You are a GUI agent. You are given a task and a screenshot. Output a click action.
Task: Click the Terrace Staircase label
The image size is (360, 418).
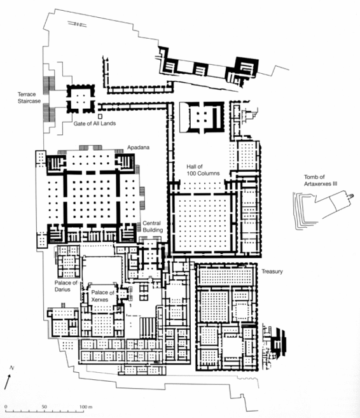[x=29, y=97]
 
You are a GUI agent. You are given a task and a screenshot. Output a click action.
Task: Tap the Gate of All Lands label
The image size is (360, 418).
[x=95, y=123]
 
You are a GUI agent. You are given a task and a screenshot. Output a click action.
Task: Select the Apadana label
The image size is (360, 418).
[x=138, y=148]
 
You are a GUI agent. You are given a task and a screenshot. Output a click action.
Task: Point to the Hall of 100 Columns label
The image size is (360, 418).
[x=203, y=170]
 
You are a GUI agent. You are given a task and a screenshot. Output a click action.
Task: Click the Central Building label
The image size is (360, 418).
[x=153, y=226]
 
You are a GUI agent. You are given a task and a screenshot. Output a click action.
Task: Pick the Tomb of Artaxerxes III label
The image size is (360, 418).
[x=321, y=180]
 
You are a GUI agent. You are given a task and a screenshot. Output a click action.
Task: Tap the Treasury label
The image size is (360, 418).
[x=272, y=272]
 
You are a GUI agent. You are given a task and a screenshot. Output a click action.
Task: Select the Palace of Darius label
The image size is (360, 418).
[x=66, y=286]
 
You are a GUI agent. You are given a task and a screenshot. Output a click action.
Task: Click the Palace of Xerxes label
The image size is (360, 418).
[x=102, y=296]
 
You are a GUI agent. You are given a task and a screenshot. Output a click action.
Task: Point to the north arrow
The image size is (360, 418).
[x=8, y=382]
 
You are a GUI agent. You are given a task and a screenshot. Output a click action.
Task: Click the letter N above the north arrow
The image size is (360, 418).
[x=11, y=368]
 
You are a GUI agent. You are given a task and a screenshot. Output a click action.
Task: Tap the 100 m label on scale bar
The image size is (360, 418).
[x=86, y=407]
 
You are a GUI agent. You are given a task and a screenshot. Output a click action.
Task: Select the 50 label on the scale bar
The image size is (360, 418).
[x=45, y=407]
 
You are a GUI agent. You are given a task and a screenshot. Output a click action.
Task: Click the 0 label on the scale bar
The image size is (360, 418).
[x=6, y=407]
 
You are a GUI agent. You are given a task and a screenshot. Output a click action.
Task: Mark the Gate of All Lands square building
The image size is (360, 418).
[x=81, y=99]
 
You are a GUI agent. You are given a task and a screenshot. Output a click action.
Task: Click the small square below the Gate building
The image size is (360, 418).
[x=100, y=116]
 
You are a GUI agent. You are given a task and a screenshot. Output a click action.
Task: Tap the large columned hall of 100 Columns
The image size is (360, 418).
[x=203, y=222]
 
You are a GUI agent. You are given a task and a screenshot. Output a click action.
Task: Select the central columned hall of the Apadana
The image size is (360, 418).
[x=92, y=199]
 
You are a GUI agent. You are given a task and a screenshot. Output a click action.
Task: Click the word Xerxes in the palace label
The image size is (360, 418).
[x=100, y=300]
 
